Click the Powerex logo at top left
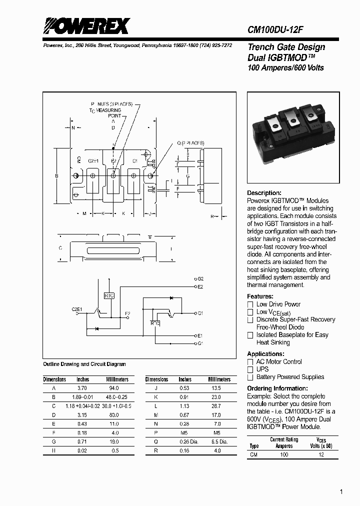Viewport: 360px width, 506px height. (86, 26)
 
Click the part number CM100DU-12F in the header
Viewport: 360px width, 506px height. (275, 29)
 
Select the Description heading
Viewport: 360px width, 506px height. (264, 193)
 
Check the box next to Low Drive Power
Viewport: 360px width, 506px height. (250, 304)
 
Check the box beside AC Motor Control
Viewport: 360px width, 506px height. (250, 362)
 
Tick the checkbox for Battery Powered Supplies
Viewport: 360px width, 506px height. (250, 377)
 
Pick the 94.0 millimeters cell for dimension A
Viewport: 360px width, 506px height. (114, 388)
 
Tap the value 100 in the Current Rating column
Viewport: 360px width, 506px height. (284, 454)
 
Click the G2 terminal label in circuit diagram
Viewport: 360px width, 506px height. (199, 278)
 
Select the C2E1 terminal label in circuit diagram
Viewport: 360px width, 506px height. (76, 309)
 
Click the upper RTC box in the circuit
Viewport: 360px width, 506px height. (109, 295)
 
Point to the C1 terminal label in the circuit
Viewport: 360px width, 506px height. (200, 313)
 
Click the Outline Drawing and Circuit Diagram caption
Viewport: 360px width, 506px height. (84, 364)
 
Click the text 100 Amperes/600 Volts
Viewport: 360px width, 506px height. (285, 68)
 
